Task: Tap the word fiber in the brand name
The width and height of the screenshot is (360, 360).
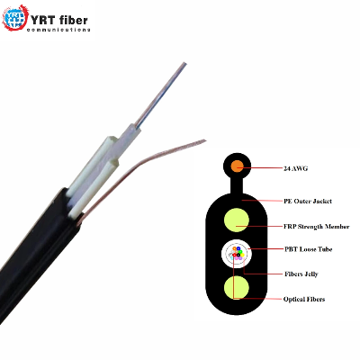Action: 74,20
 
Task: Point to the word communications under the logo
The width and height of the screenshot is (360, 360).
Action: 58,30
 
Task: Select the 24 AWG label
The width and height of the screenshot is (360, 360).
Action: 296,168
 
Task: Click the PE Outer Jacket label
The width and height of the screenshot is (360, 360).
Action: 308,201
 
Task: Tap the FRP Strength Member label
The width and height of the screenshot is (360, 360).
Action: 317,227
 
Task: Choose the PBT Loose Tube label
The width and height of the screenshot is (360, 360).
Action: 309,249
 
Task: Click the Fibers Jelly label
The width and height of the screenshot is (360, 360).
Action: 301,274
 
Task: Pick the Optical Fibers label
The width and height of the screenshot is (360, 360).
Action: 304,299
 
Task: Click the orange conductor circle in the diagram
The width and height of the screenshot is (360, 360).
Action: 237,166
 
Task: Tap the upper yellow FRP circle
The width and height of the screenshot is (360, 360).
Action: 237,220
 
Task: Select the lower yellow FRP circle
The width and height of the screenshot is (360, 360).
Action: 237,287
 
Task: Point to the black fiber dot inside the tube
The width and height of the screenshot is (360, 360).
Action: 238,255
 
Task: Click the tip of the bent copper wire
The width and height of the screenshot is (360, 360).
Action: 205,140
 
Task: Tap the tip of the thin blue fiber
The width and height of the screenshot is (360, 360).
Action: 184,63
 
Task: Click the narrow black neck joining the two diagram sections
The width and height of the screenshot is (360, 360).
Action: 237,186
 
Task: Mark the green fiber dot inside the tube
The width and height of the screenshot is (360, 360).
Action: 240,252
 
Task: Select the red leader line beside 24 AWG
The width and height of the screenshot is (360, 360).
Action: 260,167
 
